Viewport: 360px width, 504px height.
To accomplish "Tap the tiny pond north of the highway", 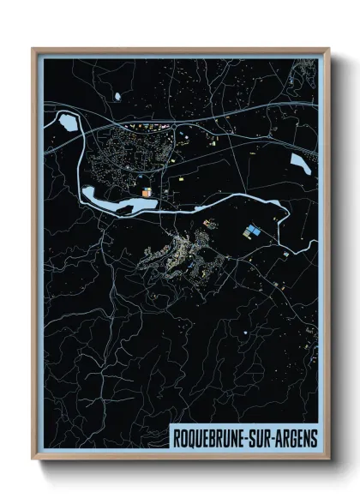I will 116,96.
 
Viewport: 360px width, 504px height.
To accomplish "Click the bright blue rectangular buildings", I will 252,231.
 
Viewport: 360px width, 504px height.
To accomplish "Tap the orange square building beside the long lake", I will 147,193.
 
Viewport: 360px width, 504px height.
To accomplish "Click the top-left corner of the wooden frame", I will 33,48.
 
